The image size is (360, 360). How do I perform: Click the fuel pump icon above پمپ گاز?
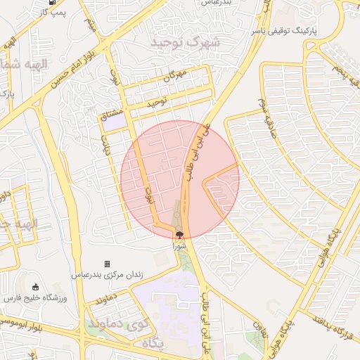click(x=54, y=2)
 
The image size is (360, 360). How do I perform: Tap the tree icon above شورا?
click(x=180, y=236)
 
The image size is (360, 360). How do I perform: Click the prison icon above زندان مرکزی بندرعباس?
click(x=107, y=264)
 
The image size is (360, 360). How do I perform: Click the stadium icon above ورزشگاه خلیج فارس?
click(x=36, y=287)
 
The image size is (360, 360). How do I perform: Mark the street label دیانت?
click(x=107, y=144)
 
